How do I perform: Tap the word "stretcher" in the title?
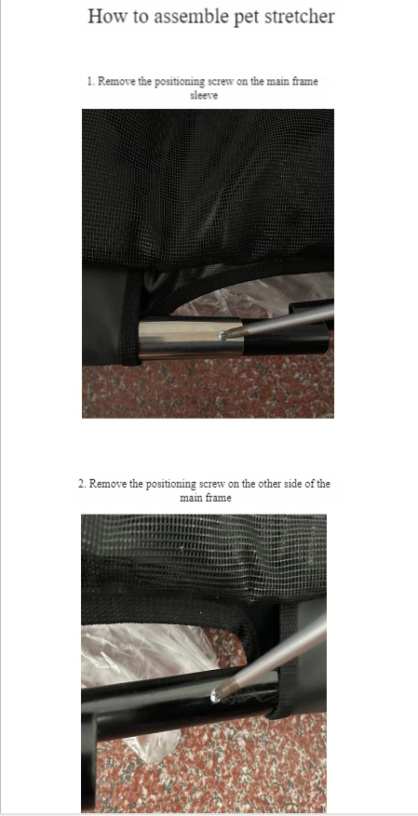pyautogui.click(x=299, y=16)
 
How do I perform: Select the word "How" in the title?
pyautogui.click(x=104, y=16)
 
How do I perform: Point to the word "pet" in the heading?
pyautogui.click(x=248, y=17)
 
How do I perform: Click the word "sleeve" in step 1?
pyautogui.click(x=204, y=95)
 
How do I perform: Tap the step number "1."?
pyautogui.click(x=91, y=81)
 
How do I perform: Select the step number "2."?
pyautogui.click(x=82, y=484)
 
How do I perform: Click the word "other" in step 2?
pyautogui.click(x=269, y=484)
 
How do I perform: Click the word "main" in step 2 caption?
pyautogui.click(x=192, y=498)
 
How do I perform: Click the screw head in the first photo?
pyautogui.click(x=224, y=336)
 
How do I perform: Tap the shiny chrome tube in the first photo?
pyautogui.click(x=191, y=340)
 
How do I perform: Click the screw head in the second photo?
pyautogui.click(x=214, y=696)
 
